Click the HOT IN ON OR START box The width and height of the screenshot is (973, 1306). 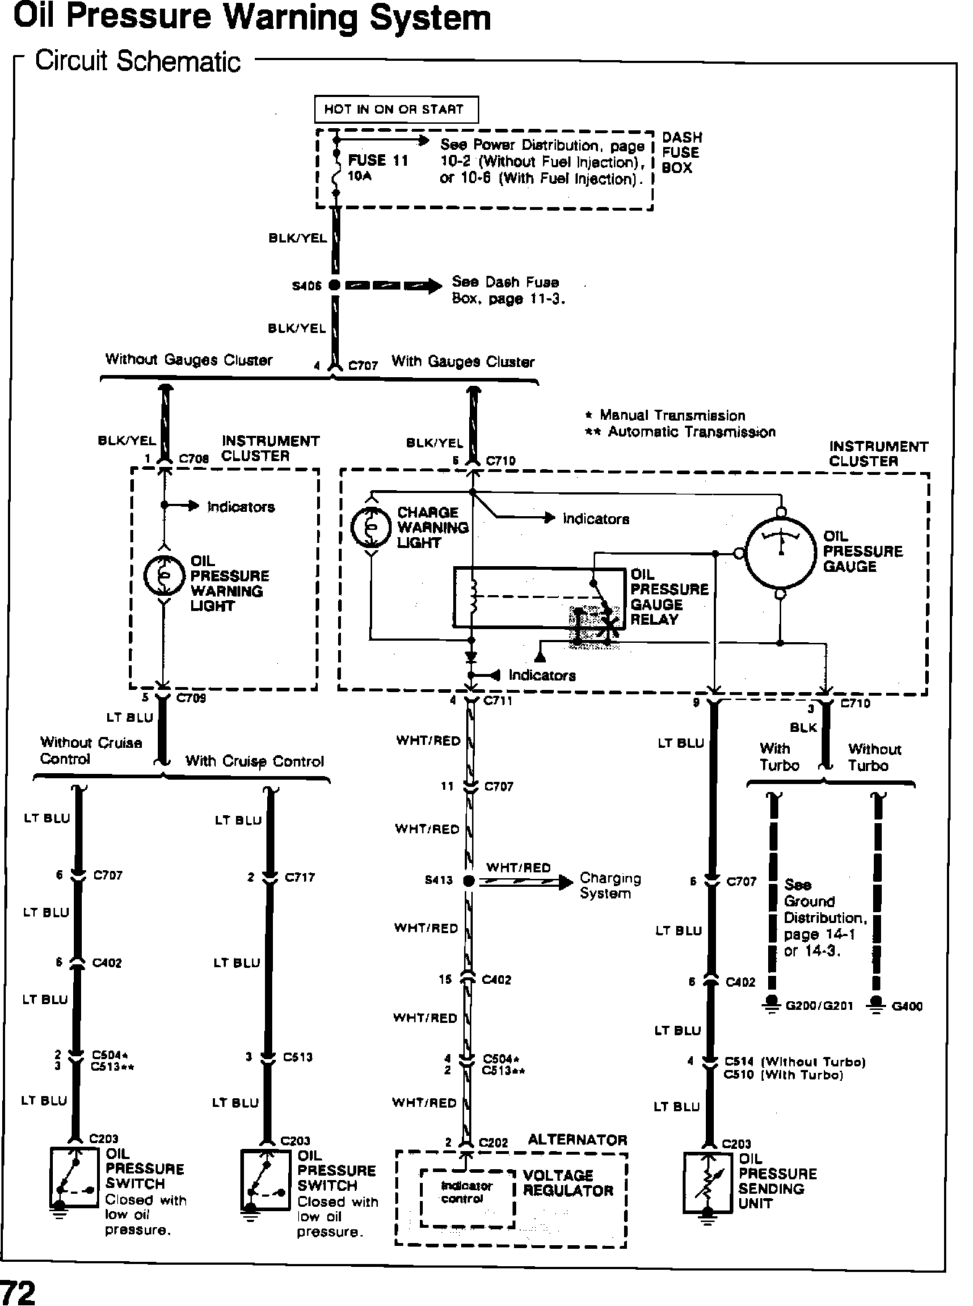396,109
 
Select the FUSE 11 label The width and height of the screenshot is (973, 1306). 378,161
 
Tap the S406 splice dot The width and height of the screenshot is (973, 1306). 334,285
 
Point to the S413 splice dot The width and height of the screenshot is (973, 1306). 468,880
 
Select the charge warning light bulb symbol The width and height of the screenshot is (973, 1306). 370,528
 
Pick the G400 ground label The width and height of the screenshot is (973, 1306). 907,1006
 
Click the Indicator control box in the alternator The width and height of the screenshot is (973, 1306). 467,1192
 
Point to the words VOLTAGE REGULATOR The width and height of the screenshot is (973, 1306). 568,1182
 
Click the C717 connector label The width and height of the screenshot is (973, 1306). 300,877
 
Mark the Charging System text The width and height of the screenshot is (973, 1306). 610,885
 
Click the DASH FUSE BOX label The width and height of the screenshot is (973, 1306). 681,153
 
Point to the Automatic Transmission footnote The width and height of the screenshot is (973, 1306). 691,432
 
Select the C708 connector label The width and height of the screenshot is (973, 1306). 193,459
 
